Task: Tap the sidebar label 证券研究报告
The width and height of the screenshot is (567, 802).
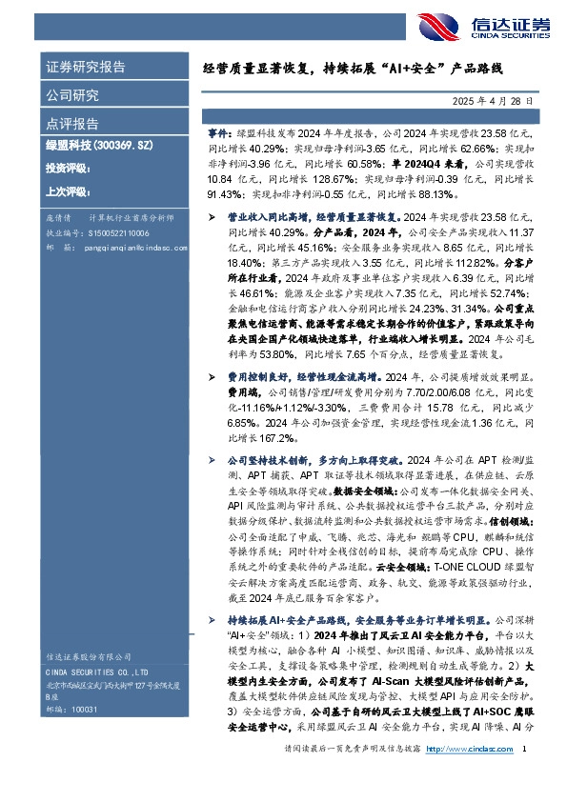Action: coord(86,68)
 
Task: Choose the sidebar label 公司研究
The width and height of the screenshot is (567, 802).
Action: coord(72,95)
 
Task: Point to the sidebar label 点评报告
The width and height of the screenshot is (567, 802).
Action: coord(72,124)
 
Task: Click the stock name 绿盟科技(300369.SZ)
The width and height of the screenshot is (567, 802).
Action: coord(101,147)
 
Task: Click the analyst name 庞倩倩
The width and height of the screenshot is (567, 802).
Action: coord(59,218)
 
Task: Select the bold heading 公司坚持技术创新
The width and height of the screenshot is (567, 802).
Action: coord(272,458)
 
